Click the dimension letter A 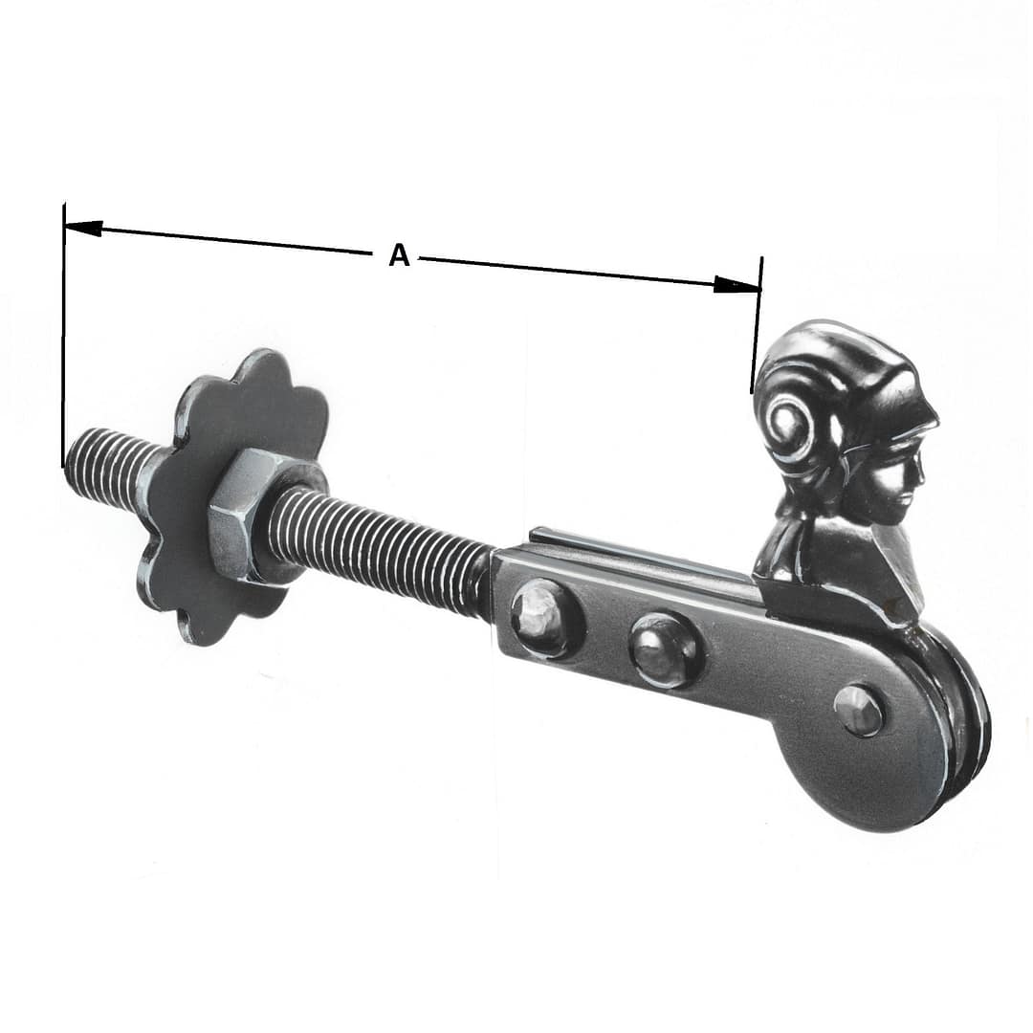pyautogui.click(x=399, y=255)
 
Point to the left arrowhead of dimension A pyautogui.click(x=83, y=228)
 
